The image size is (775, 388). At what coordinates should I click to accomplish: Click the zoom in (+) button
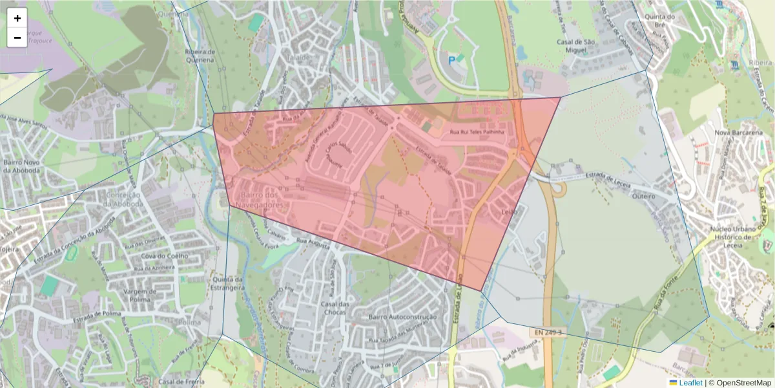[x=17, y=18]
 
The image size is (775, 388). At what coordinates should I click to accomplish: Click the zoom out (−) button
[x=17, y=38]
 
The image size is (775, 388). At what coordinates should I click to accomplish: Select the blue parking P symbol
[x=451, y=60]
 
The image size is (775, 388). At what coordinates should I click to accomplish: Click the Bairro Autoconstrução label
[x=402, y=318]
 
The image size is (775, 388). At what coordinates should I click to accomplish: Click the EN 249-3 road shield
[x=548, y=332]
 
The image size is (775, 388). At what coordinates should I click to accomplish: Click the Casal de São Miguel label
[x=575, y=46]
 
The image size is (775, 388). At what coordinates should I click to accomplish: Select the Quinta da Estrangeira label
[x=227, y=283]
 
